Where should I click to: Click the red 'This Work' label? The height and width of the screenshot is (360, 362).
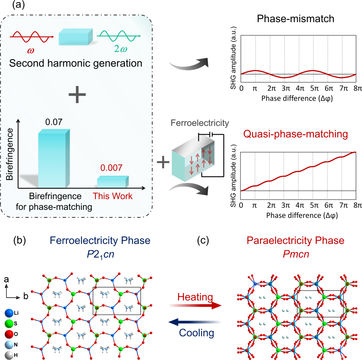point(113,195)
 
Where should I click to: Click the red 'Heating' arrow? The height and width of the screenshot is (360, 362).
point(195,305)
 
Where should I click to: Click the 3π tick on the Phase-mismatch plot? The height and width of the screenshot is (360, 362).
point(285,88)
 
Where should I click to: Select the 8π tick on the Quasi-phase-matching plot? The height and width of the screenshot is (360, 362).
point(357,205)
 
